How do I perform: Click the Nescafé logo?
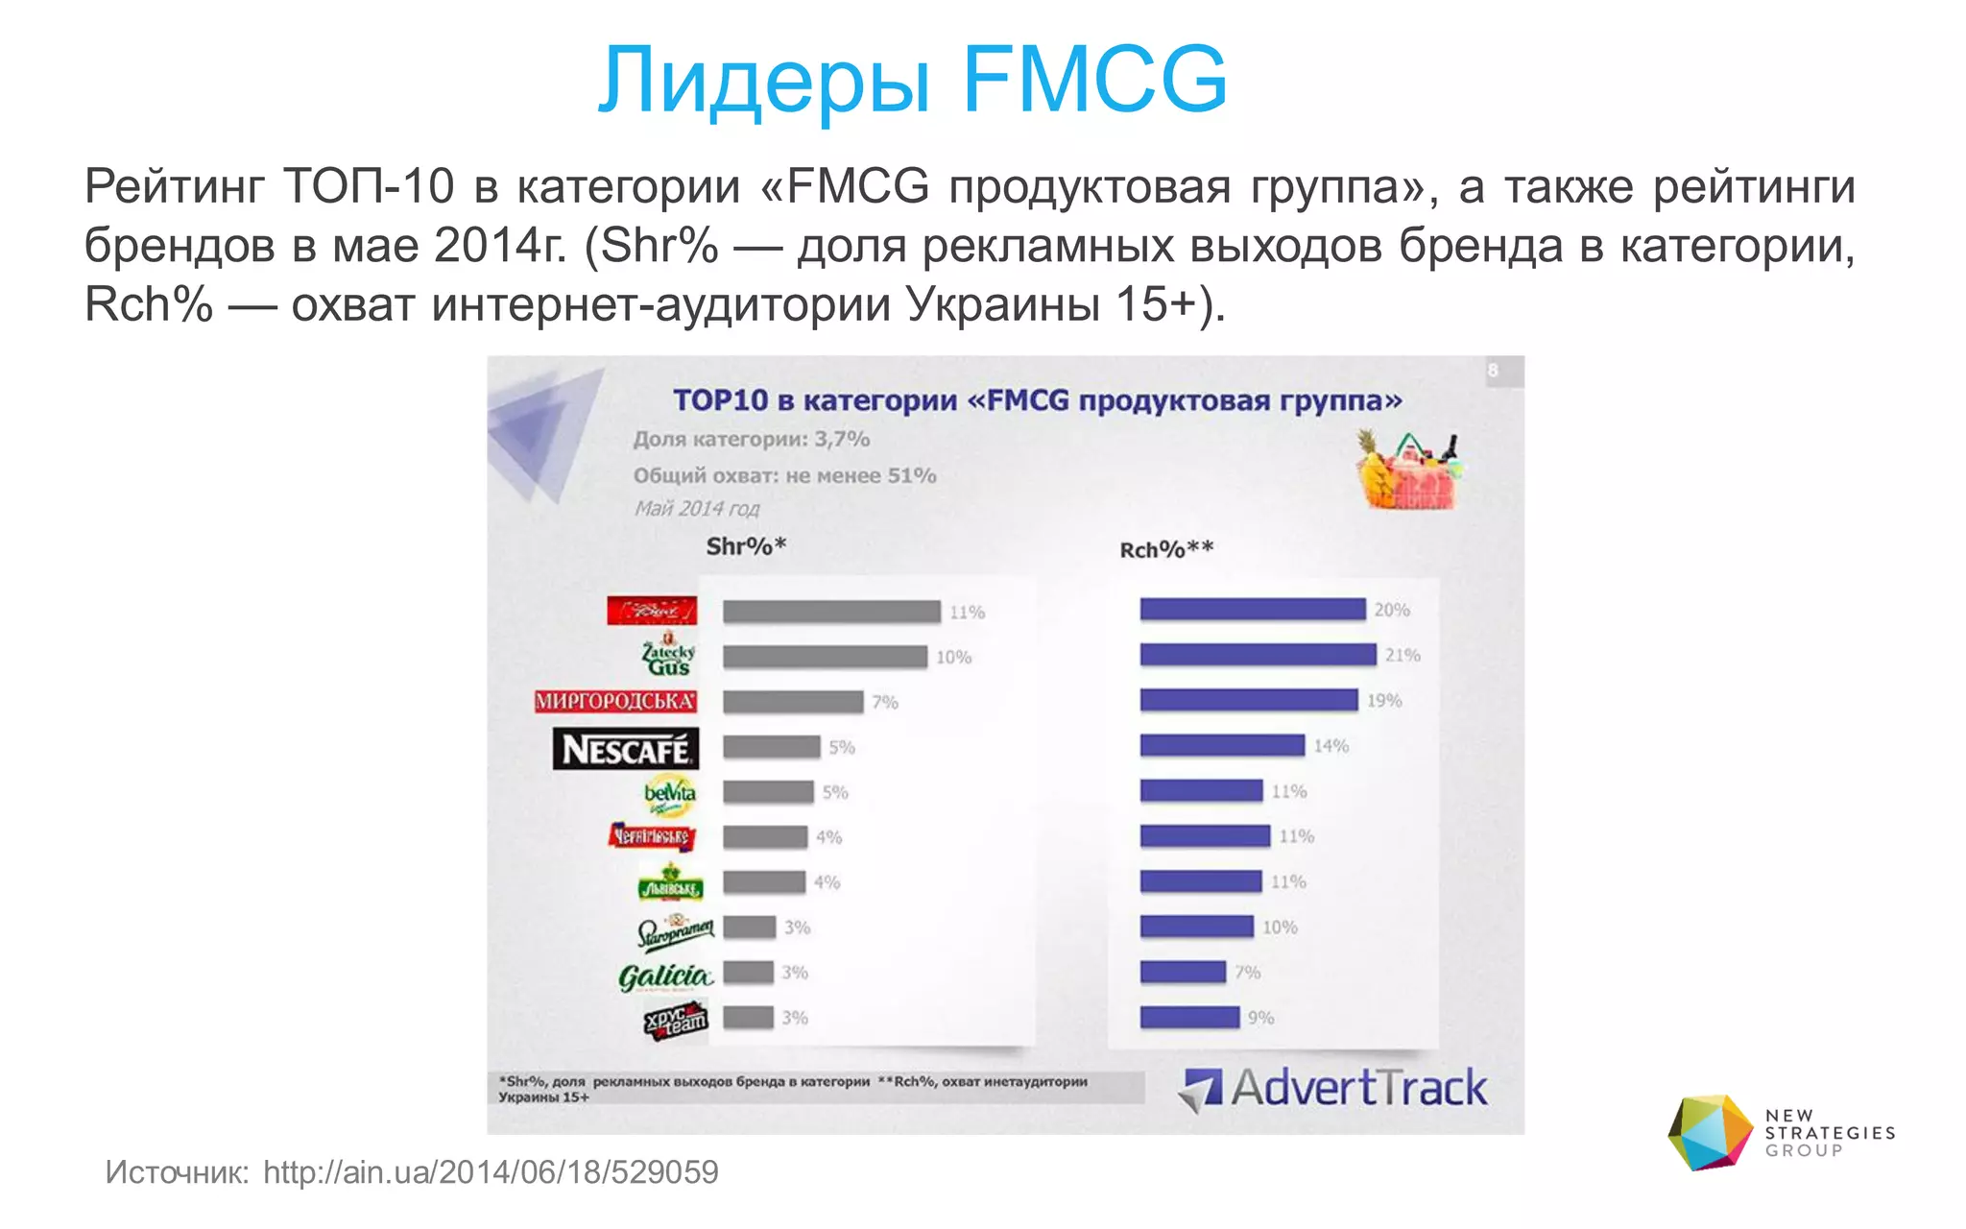(x=625, y=749)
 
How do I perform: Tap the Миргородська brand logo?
(x=615, y=701)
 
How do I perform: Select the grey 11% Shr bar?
(x=831, y=612)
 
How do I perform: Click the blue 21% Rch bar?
(x=1258, y=655)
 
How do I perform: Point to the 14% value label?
(x=1331, y=746)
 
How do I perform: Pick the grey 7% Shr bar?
(x=793, y=702)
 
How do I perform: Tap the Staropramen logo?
(x=675, y=930)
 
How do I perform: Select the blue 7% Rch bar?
(x=1183, y=973)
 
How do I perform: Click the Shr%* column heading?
(x=746, y=546)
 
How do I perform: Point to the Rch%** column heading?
(x=1166, y=550)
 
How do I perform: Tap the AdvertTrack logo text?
(x=1358, y=1089)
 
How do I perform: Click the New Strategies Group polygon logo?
(x=1710, y=1133)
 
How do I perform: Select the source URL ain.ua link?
(x=491, y=1172)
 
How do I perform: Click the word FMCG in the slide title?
(x=1094, y=79)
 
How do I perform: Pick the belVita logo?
(x=670, y=794)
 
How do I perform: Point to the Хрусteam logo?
(x=676, y=1020)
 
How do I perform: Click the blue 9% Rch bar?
(x=1189, y=1018)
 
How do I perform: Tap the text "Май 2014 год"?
(x=696, y=509)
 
